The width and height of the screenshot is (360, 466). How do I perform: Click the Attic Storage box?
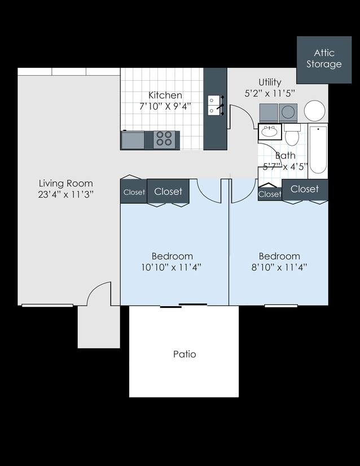pyautogui.click(x=324, y=59)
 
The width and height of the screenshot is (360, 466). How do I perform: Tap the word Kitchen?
pyautogui.click(x=165, y=95)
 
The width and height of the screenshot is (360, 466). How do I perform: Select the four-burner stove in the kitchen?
pyautogui.click(x=164, y=139)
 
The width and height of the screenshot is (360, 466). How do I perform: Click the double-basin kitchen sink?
pyautogui.click(x=214, y=105)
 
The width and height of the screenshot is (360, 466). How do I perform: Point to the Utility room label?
pyautogui.click(x=270, y=82)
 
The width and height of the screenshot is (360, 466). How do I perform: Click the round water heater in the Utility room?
pyautogui.click(x=314, y=111)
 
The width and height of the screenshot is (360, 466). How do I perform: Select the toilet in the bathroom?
pyautogui.click(x=292, y=136)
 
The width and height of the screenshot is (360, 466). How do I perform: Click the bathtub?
pyautogui.click(x=318, y=150)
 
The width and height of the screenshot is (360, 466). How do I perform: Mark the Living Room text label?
pyautogui.click(x=65, y=183)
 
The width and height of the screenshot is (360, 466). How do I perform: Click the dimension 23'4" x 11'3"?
pyautogui.click(x=65, y=194)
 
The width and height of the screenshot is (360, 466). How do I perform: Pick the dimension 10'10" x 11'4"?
pyautogui.click(x=172, y=267)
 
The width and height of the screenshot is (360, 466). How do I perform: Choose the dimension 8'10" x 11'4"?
pyautogui.click(x=279, y=267)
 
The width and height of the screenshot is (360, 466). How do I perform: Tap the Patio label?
pyautogui.click(x=185, y=354)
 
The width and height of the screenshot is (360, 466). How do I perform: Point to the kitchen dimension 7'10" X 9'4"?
pyautogui.click(x=165, y=106)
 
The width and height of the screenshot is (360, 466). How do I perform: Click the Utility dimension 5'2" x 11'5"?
pyautogui.click(x=270, y=93)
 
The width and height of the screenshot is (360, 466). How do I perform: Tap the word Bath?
pyautogui.click(x=285, y=155)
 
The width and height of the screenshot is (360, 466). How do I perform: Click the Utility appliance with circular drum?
pyautogui.click(x=288, y=112)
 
